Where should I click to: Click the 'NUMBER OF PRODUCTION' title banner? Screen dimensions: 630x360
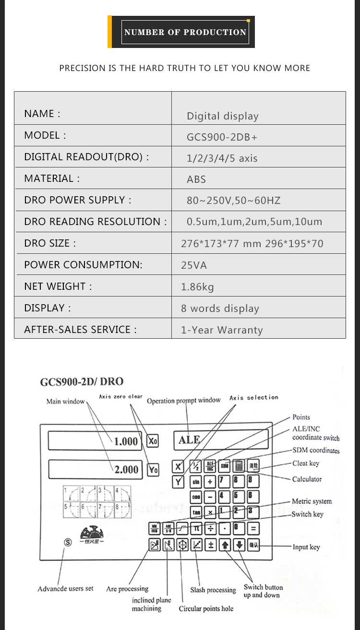[185, 32]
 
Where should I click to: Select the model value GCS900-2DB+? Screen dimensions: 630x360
[222, 137]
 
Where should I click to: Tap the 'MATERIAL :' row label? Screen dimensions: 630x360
[52, 178]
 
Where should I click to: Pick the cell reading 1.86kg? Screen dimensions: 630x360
[197, 287]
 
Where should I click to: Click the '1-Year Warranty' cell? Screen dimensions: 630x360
[222, 330]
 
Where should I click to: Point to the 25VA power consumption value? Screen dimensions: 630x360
[194, 265]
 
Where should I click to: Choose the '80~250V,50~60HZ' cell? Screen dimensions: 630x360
[233, 201]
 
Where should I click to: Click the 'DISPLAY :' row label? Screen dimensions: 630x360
[47, 308]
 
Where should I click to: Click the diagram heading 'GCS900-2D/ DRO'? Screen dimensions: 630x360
[82, 381]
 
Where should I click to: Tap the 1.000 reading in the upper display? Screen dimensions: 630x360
[126, 441]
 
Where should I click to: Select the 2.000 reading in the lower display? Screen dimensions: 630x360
[126, 470]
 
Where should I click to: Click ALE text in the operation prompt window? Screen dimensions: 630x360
[189, 440]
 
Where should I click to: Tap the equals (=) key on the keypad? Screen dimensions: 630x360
[253, 529]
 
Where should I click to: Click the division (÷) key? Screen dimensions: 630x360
[210, 529]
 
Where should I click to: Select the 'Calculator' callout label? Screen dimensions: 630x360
[307, 479]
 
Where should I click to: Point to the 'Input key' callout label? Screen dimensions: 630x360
[306, 547]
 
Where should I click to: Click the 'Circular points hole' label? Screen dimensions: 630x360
[206, 609]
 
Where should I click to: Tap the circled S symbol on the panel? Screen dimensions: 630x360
[68, 542]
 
